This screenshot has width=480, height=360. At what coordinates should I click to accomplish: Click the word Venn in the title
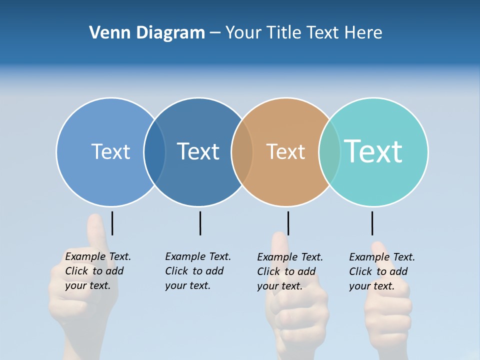point(107,33)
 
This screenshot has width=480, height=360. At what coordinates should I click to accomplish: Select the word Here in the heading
point(363,33)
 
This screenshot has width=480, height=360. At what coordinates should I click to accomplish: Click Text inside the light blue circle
point(110,151)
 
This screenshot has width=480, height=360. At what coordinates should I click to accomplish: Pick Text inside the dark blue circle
point(198,151)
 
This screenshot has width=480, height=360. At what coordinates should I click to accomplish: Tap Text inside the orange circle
point(285,151)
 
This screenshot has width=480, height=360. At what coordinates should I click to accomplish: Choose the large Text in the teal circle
point(373,151)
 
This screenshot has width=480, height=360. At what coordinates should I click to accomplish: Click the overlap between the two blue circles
point(154,151)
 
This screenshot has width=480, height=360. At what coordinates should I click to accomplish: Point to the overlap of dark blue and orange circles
point(242,151)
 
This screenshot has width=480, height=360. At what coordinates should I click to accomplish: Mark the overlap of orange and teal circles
point(329,151)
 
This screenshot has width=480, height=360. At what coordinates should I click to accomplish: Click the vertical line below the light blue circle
point(112,223)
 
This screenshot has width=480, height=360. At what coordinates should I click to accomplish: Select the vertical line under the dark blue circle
point(200,223)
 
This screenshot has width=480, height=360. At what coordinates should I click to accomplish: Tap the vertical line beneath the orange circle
point(288,223)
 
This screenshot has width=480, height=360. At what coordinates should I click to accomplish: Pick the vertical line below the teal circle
point(372,223)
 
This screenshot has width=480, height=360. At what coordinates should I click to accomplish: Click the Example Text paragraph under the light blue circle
point(97,271)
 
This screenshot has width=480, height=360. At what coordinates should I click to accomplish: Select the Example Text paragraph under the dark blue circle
point(197,271)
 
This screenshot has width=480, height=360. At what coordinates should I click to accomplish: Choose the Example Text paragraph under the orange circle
point(289,271)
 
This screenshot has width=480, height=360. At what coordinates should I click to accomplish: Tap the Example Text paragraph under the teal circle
point(381,271)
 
